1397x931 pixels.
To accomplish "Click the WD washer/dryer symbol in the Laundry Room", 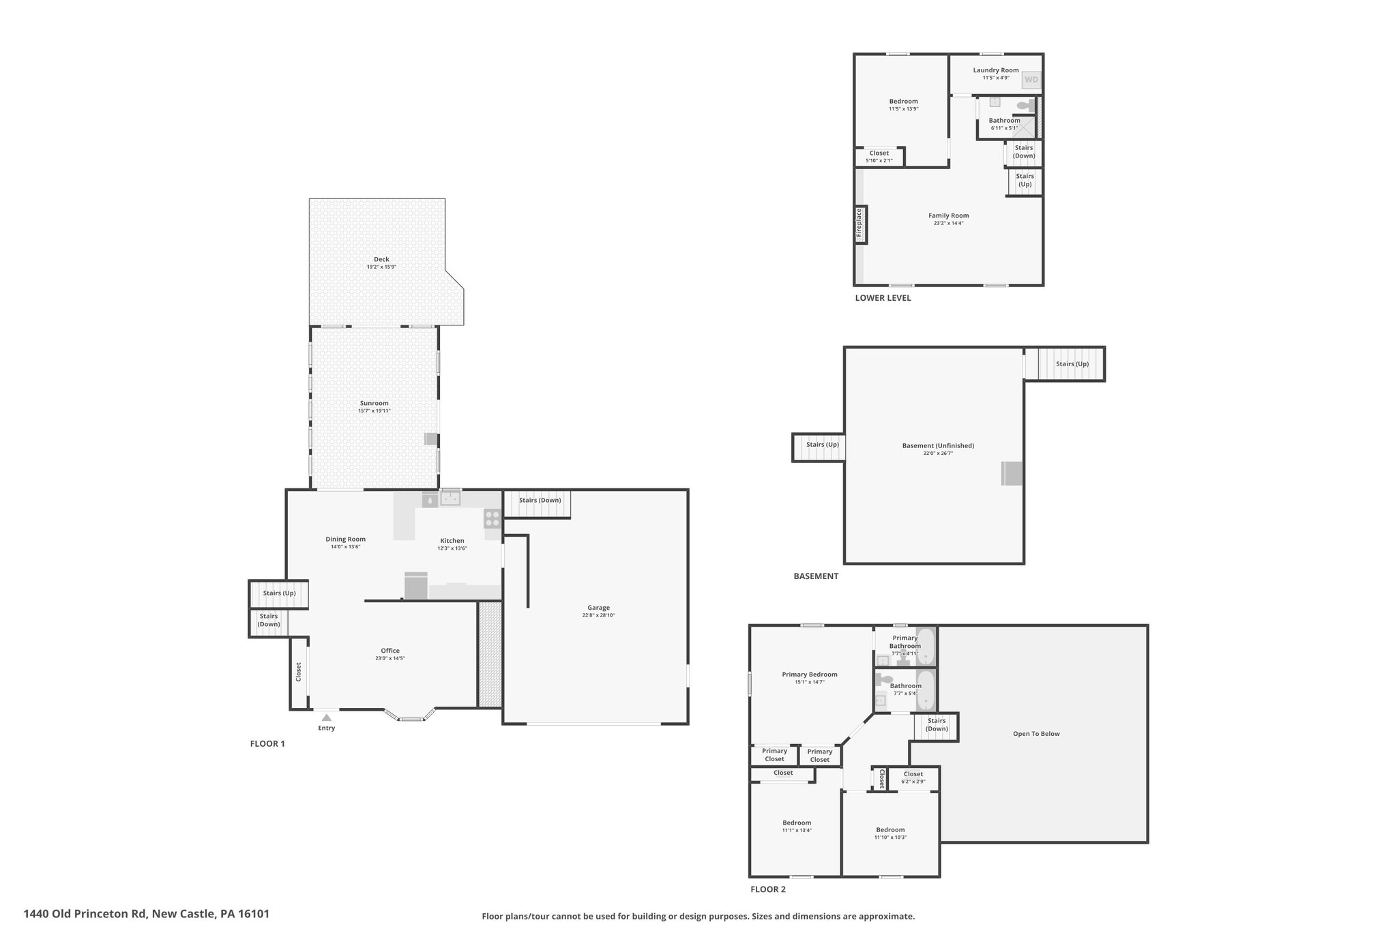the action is point(1031,80).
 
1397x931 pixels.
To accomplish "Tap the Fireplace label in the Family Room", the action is point(859,224).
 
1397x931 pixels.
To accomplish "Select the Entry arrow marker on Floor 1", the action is point(327,717).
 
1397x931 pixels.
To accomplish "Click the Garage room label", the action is point(599,608).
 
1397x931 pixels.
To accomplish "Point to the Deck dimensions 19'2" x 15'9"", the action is point(381,267).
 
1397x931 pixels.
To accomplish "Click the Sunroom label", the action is point(374,403).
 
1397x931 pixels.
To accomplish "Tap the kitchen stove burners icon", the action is point(492,518).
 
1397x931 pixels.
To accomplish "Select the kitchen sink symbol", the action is point(450,499).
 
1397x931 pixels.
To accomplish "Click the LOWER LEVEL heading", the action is point(883,298).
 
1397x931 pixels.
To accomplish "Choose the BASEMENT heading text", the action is point(816,576).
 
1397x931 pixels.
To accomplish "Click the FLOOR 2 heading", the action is point(768,889).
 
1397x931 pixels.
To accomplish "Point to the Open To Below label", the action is point(1036,734).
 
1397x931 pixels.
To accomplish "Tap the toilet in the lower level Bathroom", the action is point(1025,105).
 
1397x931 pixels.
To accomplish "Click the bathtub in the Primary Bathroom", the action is point(925,647).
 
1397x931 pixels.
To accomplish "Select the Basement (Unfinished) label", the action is point(938,446).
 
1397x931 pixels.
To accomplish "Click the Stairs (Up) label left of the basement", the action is point(823,445).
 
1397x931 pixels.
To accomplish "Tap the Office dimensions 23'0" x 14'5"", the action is point(390,659).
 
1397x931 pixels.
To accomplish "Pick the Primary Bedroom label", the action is point(810,675).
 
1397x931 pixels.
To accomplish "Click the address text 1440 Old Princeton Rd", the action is point(86,914).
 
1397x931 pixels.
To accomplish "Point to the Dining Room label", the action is point(345,539).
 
